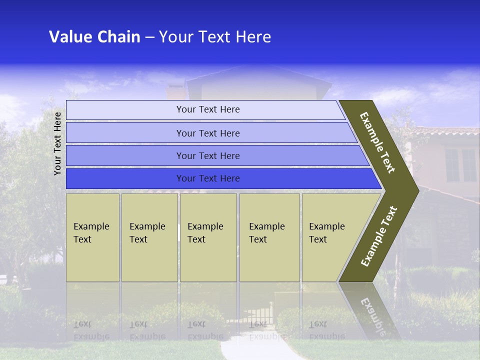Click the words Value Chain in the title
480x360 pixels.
(x=94, y=37)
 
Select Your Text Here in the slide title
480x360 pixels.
(x=215, y=37)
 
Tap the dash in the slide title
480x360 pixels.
(x=149, y=37)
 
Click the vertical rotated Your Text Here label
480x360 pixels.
(x=57, y=143)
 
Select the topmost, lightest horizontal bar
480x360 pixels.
(x=205, y=109)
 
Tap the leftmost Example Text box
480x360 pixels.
(x=92, y=237)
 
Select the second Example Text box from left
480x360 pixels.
(x=149, y=237)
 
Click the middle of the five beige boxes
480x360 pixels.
(x=208, y=237)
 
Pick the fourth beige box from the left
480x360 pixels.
(x=269, y=237)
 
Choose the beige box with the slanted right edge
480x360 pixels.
(x=330, y=237)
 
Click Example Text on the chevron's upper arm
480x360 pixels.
(x=377, y=142)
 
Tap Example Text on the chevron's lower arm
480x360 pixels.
(x=379, y=236)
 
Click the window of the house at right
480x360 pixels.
(x=460, y=165)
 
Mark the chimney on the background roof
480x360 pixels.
(x=175, y=92)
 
